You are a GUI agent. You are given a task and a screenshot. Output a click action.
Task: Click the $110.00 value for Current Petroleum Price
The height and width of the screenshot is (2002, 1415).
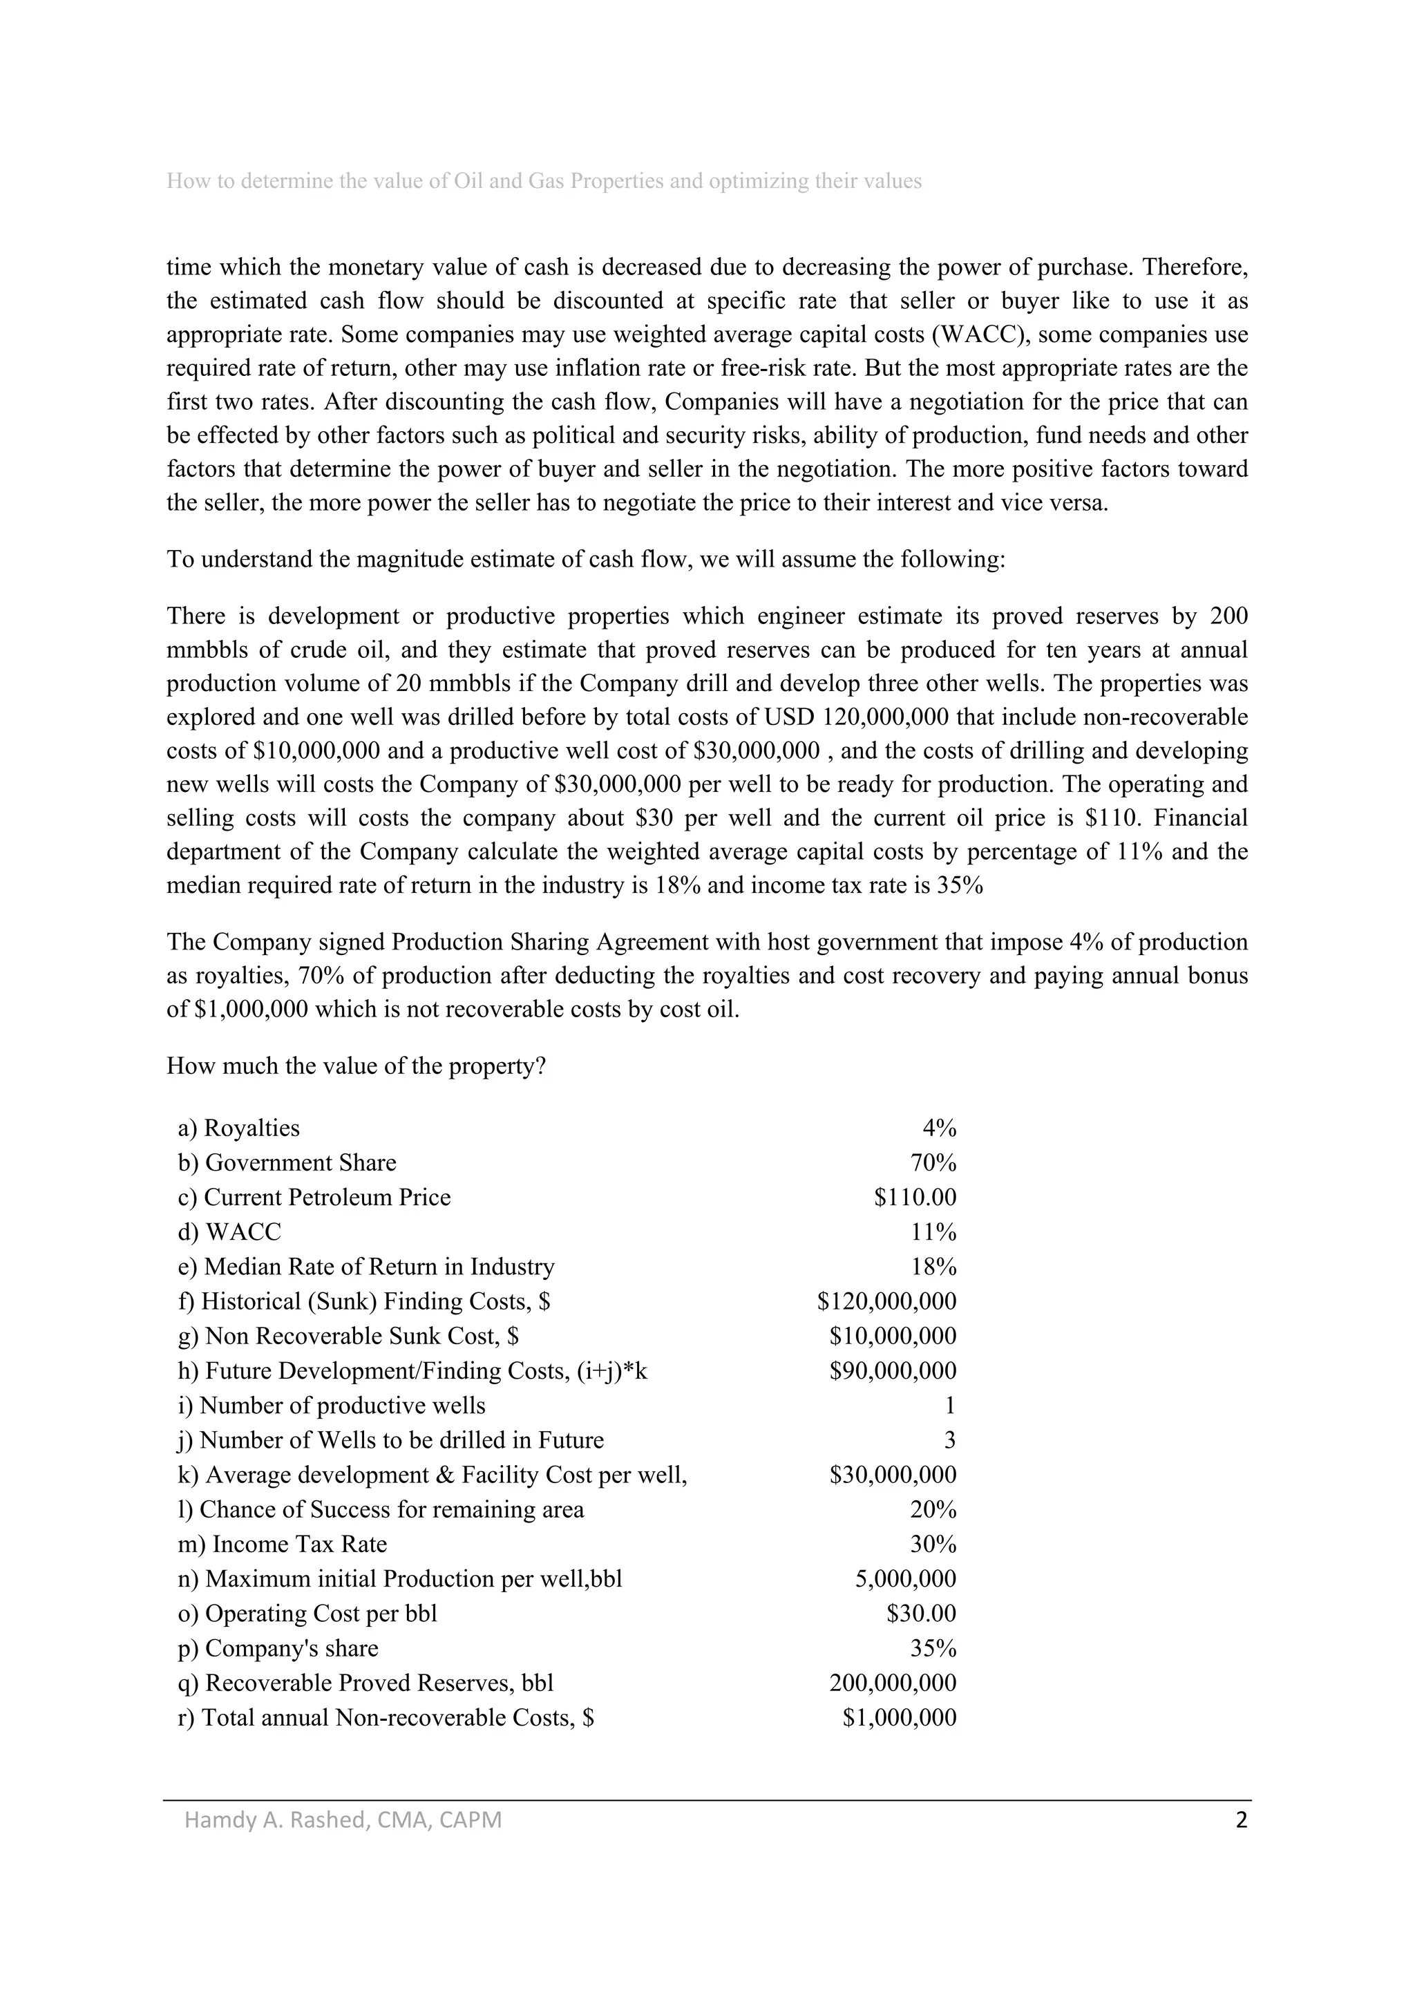click(x=915, y=1197)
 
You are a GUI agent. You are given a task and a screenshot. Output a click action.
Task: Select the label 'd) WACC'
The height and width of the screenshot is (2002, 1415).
click(x=229, y=1232)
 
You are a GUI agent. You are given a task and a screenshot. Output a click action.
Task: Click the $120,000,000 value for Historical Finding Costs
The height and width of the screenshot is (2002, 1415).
click(x=886, y=1301)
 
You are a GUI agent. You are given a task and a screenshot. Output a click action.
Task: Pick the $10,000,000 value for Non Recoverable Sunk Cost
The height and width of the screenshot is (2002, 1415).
click(x=892, y=1336)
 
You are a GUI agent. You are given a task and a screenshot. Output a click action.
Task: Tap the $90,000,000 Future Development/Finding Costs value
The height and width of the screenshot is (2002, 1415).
click(x=892, y=1370)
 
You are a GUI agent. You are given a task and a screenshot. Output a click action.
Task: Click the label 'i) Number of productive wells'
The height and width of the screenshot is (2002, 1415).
click(x=332, y=1406)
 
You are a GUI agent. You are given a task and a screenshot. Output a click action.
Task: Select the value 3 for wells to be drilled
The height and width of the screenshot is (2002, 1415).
click(x=949, y=1439)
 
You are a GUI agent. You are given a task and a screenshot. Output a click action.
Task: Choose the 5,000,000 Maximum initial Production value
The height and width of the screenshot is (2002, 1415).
click(x=905, y=1579)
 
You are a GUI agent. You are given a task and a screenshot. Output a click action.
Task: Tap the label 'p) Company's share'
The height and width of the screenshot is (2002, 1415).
click(x=278, y=1648)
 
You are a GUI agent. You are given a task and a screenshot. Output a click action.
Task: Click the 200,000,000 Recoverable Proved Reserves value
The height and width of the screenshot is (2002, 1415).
click(x=892, y=1683)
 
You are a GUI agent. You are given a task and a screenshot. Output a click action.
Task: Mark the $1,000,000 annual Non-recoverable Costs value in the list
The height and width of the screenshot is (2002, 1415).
click(x=899, y=1718)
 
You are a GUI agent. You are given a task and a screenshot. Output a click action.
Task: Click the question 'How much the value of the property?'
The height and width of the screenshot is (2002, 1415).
click(x=356, y=1066)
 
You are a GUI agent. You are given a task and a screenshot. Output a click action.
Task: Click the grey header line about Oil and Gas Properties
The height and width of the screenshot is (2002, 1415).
click(x=544, y=181)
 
